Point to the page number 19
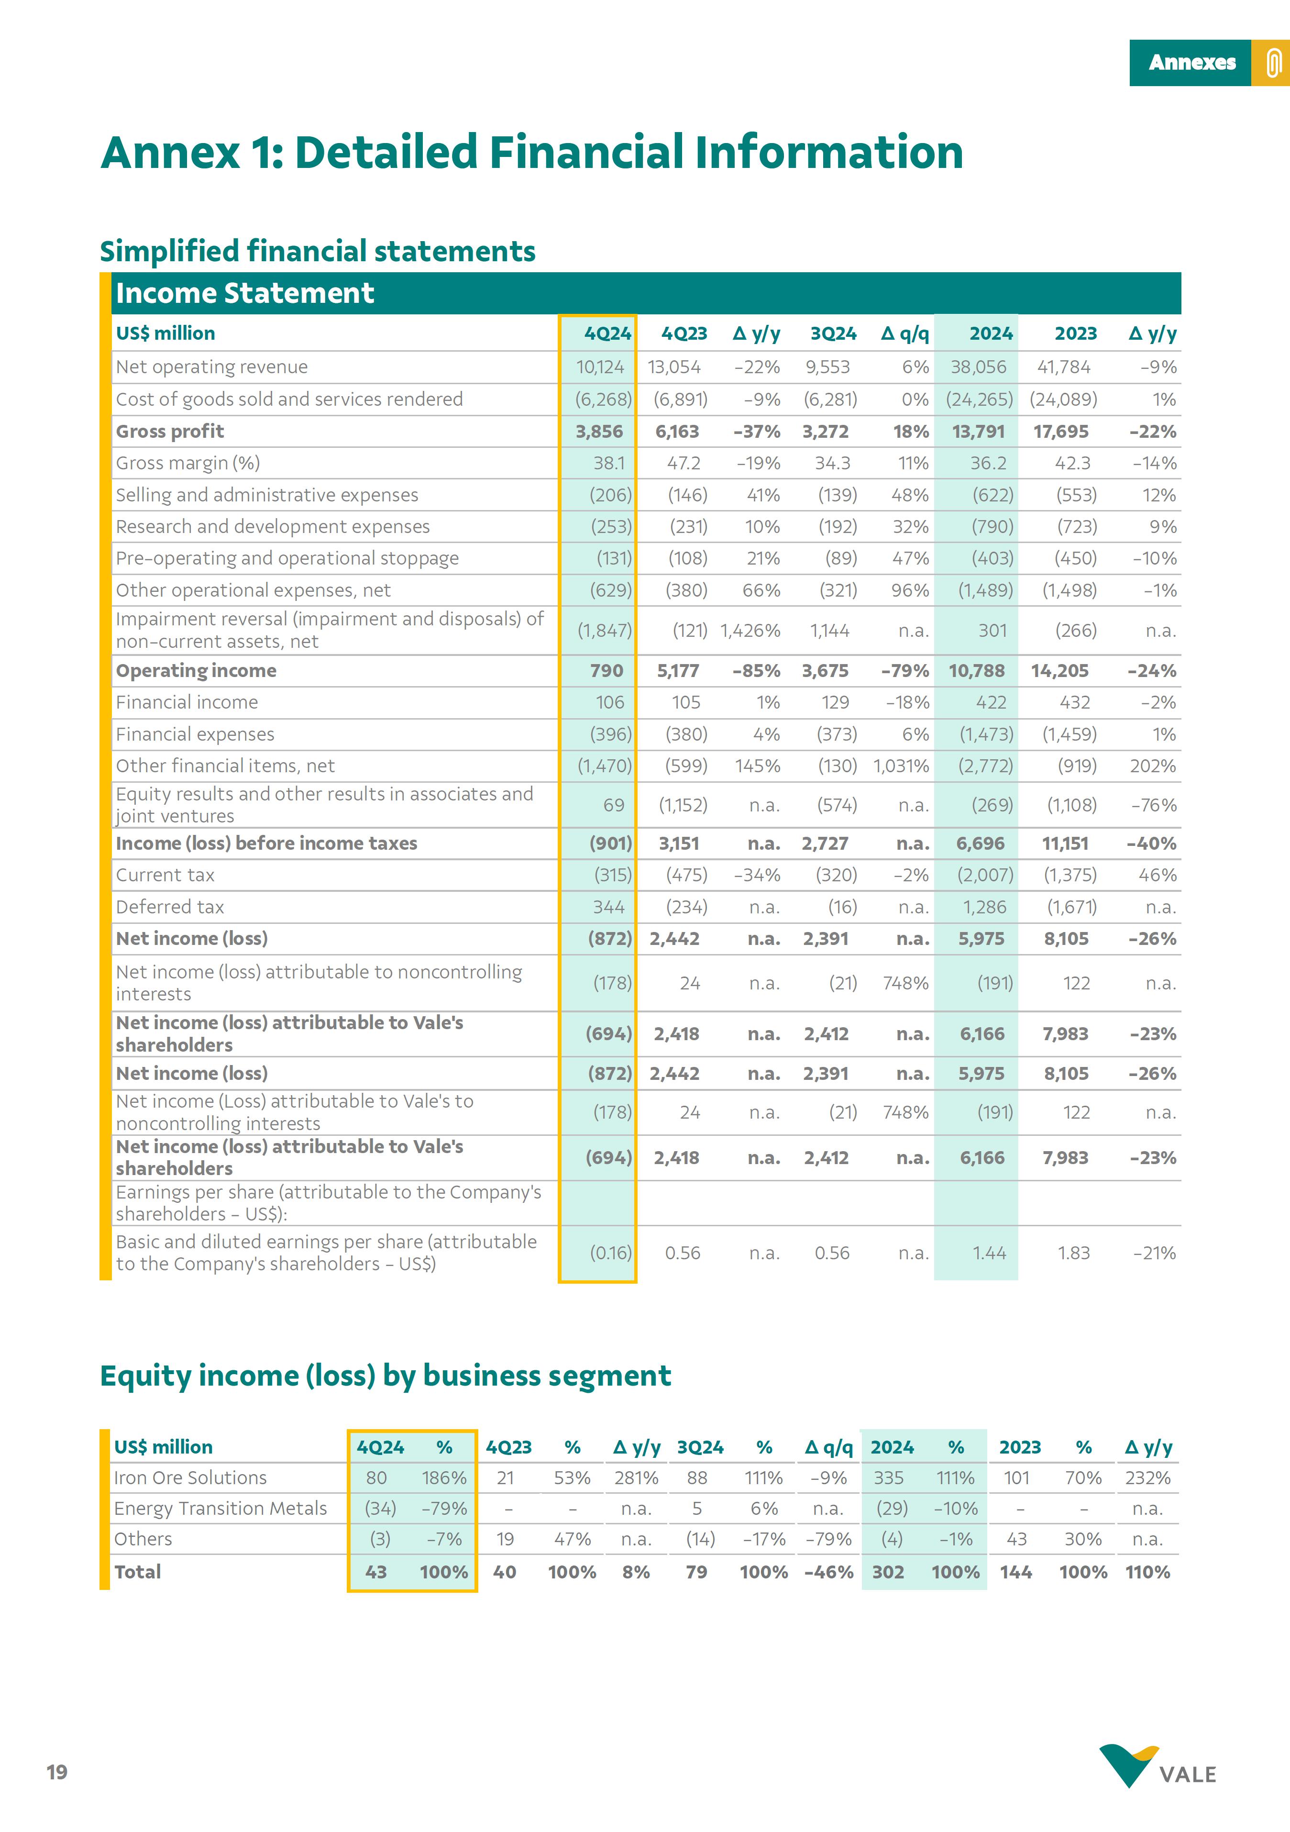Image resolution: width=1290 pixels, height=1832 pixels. pyautogui.click(x=56, y=1772)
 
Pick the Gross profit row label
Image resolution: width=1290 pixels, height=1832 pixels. pyautogui.click(x=170, y=431)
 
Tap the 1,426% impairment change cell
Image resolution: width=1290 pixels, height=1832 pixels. pyautogui.click(x=750, y=630)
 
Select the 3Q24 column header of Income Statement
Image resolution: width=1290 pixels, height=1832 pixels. pyautogui.click(x=833, y=333)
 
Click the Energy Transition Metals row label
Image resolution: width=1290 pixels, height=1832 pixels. pyautogui.click(x=220, y=1508)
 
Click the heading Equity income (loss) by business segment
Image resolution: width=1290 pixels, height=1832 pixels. pyautogui.click(x=386, y=1376)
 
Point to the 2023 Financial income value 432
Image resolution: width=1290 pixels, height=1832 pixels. pyautogui.click(x=1075, y=702)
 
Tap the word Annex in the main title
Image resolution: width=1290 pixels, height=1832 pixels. pyautogui.click(x=171, y=153)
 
